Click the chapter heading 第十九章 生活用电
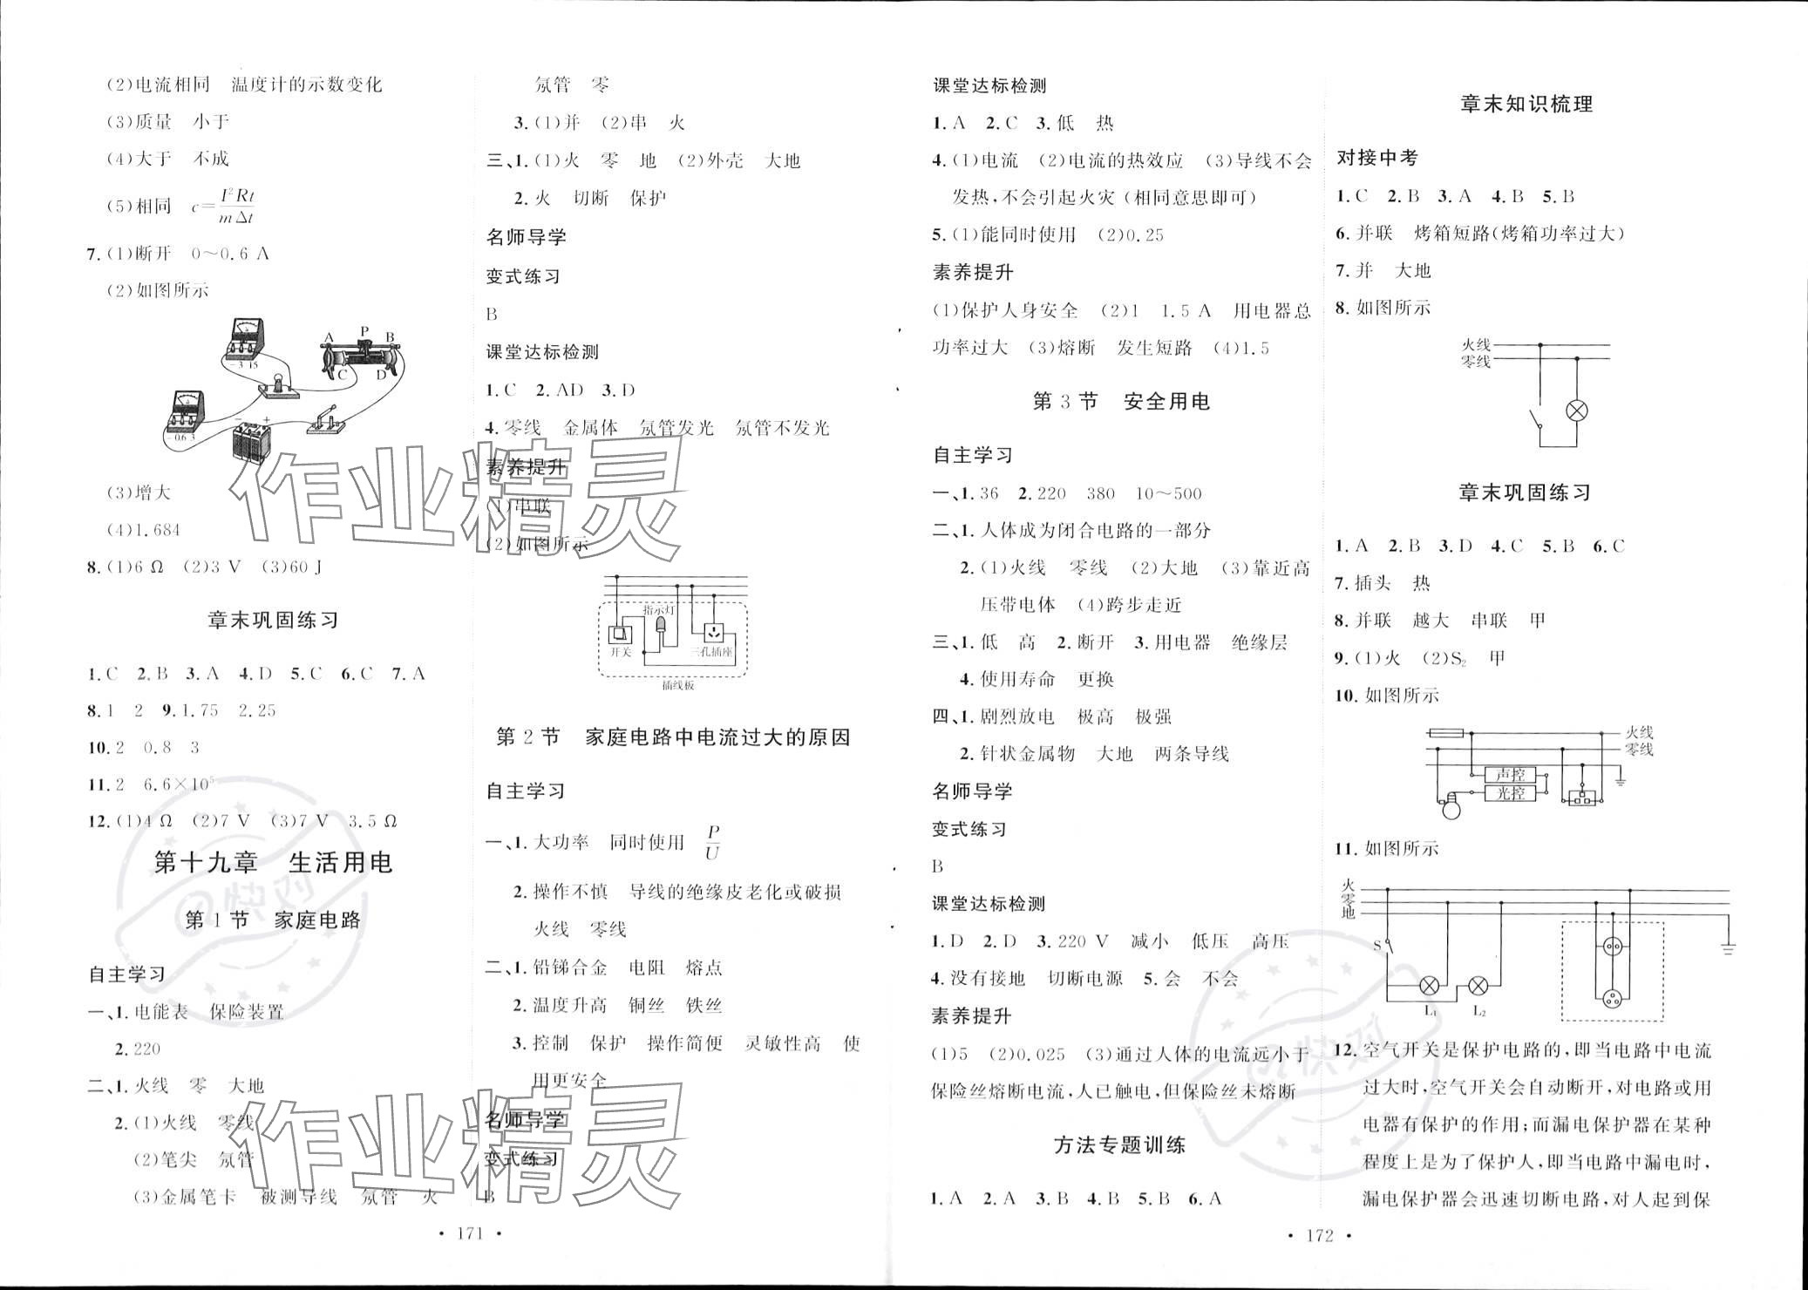point(273,863)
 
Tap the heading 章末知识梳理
point(1526,105)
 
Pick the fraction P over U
point(713,843)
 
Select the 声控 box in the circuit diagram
point(1510,774)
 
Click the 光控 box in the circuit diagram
point(1510,793)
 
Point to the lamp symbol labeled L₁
point(1430,987)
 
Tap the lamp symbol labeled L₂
point(1478,987)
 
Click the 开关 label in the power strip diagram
point(620,652)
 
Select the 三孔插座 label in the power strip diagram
point(711,652)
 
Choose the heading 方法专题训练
point(1119,1145)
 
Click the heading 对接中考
point(1377,159)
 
